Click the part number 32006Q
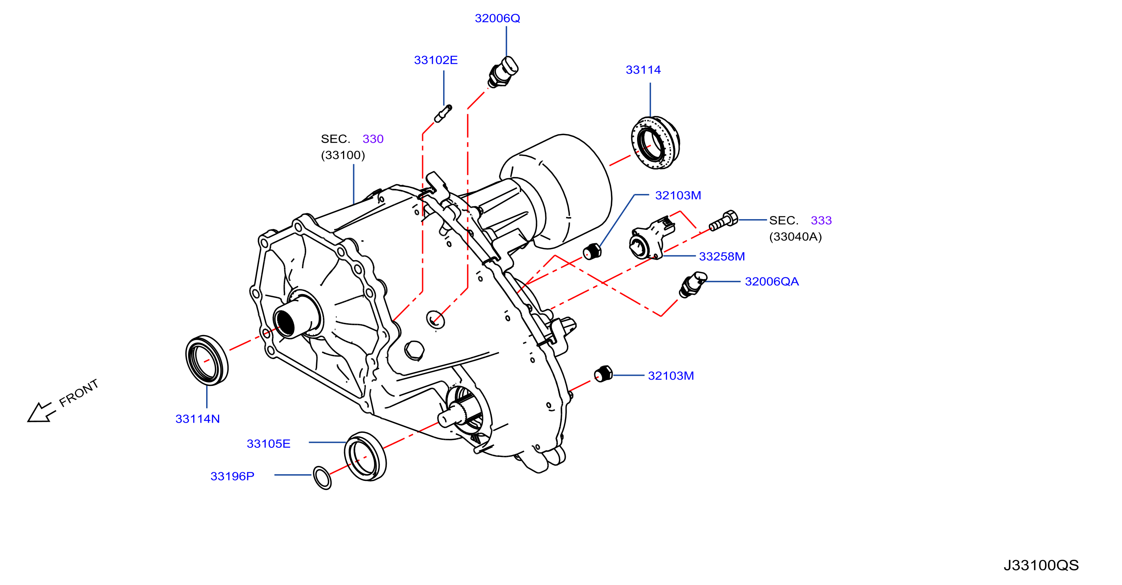pos(497,18)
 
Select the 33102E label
pos(436,60)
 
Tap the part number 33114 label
pos(643,70)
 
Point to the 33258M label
pos(722,257)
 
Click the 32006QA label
pos(772,282)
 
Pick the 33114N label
pos(197,419)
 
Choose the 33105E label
pos(268,444)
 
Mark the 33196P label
pos(232,477)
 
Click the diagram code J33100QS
pos(1041,565)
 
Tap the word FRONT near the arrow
pos(79,393)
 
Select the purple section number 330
pos(373,139)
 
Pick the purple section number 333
pos(821,220)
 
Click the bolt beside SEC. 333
pos(723,221)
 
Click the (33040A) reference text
pos(795,237)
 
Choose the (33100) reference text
pos(343,155)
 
